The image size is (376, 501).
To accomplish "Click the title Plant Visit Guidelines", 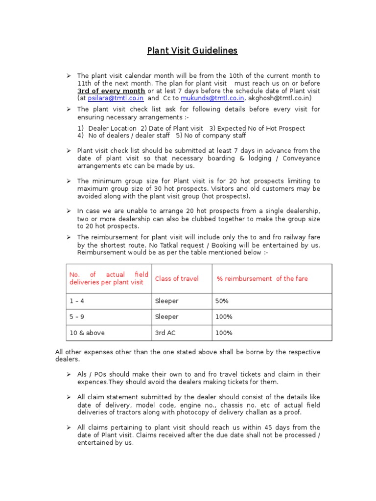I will pyautogui.click(x=192, y=50).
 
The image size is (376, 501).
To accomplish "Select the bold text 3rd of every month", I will pyautogui.click(x=111, y=91).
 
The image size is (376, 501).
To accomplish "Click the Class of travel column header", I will pyautogui.click(x=177, y=278).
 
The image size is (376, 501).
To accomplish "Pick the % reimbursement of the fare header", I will pyautogui.click(x=262, y=278).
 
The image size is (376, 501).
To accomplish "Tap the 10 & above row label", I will pyautogui.click(x=87, y=333).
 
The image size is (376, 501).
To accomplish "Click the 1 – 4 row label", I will pyautogui.click(x=77, y=301).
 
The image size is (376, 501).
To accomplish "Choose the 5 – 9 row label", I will pyautogui.click(x=77, y=317).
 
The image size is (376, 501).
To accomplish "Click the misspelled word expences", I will pyautogui.click(x=92, y=382).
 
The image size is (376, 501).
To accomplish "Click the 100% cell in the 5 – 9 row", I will pyautogui.click(x=224, y=317).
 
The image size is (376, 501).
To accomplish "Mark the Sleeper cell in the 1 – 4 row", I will pyautogui.click(x=166, y=301).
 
